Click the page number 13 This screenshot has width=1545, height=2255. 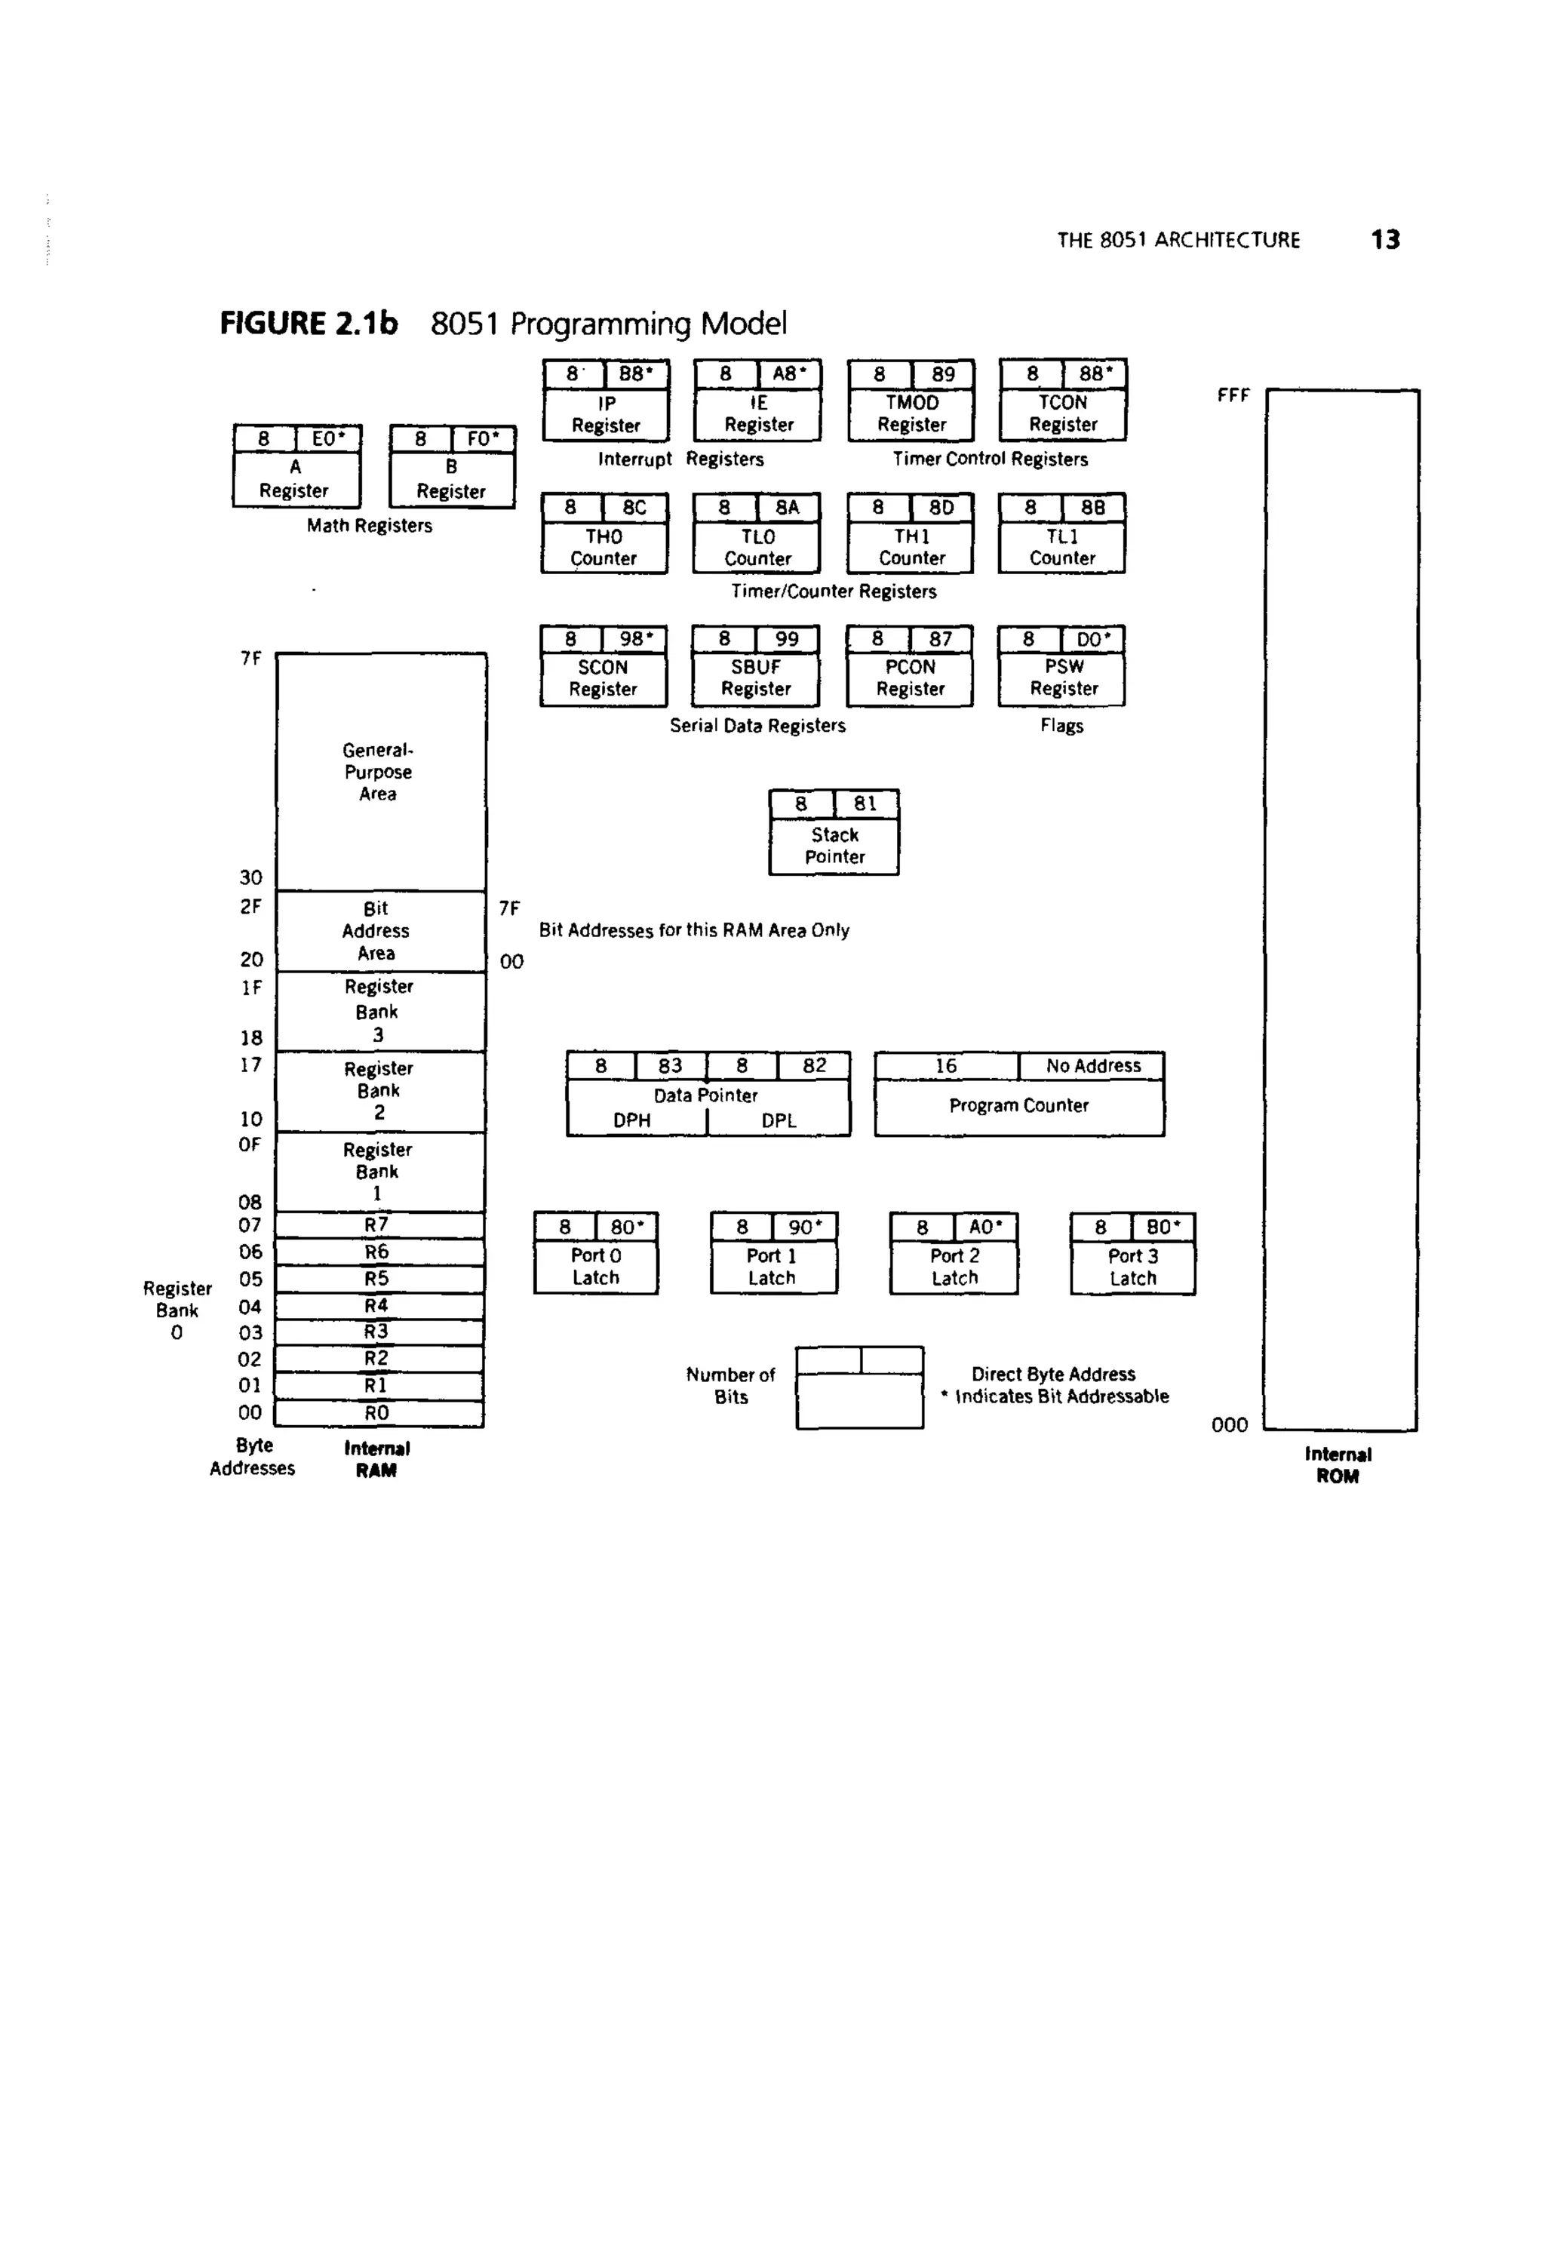1385,240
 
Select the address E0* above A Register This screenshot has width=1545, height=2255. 328,438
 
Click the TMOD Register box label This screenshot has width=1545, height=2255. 911,413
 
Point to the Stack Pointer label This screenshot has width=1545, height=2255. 834,845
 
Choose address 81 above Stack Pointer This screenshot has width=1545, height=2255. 865,803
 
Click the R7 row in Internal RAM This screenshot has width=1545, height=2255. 376,1224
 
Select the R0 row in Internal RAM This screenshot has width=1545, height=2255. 376,1413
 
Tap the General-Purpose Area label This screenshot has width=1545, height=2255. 377,771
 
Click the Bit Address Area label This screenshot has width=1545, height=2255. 376,930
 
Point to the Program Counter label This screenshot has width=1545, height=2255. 1019,1105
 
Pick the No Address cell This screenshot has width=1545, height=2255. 1093,1065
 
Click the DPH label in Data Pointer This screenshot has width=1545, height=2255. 631,1120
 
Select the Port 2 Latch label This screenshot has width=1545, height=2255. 955,1266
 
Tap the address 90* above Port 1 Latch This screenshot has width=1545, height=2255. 804,1227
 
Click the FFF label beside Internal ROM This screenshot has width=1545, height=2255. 1233,396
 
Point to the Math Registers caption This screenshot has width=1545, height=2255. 370,526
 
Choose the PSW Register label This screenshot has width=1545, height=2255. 1064,677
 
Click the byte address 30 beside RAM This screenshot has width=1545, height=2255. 250,878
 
